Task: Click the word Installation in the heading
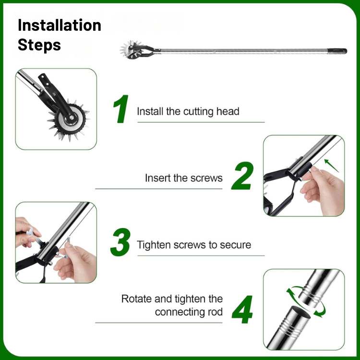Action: [x=60, y=25]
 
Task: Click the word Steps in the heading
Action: [x=39, y=45]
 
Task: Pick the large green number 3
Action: [x=120, y=243]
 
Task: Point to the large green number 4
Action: [x=242, y=310]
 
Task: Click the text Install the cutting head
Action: [x=188, y=111]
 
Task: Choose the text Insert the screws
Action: [x=184, y=178]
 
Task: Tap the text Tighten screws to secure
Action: [x=194, y=245]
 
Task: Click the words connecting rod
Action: [x=189, y=312]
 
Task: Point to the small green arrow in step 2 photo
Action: [x=331, y=166]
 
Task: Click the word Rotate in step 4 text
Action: [x=137, y=299]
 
